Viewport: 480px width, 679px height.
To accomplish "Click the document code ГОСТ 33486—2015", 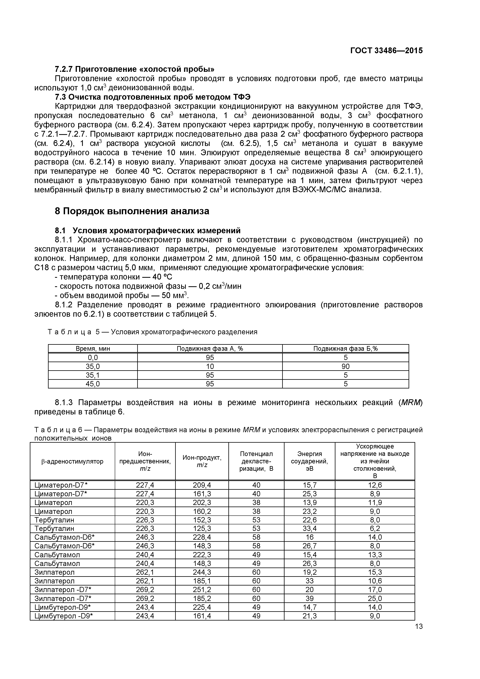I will [x=387, y=51].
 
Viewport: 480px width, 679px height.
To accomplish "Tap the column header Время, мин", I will [x=93, y=348].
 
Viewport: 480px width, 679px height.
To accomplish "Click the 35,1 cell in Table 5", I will [x=93, y=375].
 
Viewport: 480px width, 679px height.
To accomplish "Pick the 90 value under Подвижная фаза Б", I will [x=345, y=366].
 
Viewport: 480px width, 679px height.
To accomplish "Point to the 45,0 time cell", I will [x=93, y=384].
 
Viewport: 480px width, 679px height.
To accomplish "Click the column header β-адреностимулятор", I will [x=72, y=461].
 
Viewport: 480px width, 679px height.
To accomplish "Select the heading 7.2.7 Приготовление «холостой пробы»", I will [x=135, y=69].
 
